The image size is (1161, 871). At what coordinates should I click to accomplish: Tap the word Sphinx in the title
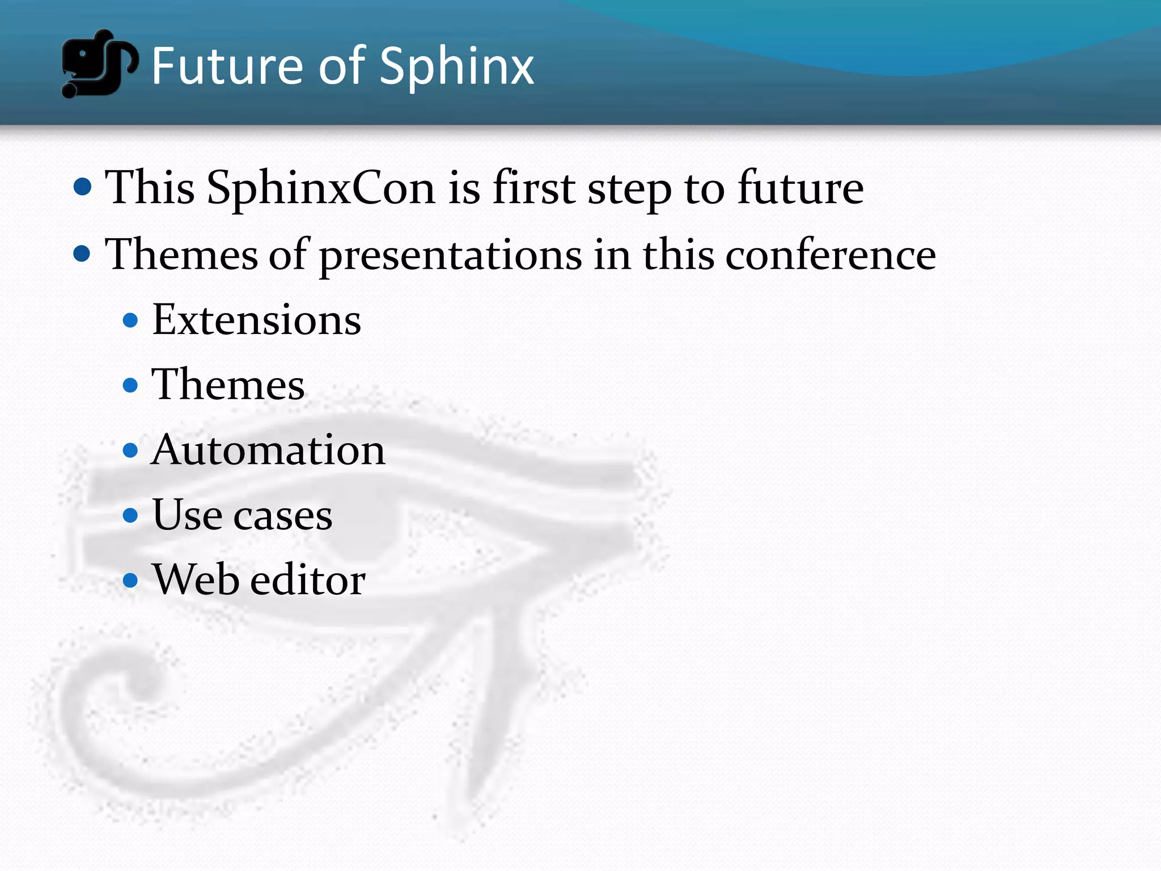point(456,67)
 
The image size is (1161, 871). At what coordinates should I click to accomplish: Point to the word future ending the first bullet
point(800,188)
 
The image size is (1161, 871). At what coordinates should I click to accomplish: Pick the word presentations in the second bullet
point(451,255)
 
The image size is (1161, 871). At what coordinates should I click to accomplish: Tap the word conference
point(831,255)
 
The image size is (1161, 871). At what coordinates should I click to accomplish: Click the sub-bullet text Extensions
point(256,320)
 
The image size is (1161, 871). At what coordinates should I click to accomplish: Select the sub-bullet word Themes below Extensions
point(228,384)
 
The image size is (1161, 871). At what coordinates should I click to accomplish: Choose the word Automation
point(268,450)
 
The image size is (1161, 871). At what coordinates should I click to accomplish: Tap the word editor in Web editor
point(308,580)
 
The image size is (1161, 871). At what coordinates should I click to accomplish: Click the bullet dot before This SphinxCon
point(83,187)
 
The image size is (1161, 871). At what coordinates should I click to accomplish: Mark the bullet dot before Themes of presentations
point(83,253)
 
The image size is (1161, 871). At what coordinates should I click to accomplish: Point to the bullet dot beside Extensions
point(130,320)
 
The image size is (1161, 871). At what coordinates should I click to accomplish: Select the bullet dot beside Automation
point(130,450)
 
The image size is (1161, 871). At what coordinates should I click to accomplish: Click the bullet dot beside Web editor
point(130,580)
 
